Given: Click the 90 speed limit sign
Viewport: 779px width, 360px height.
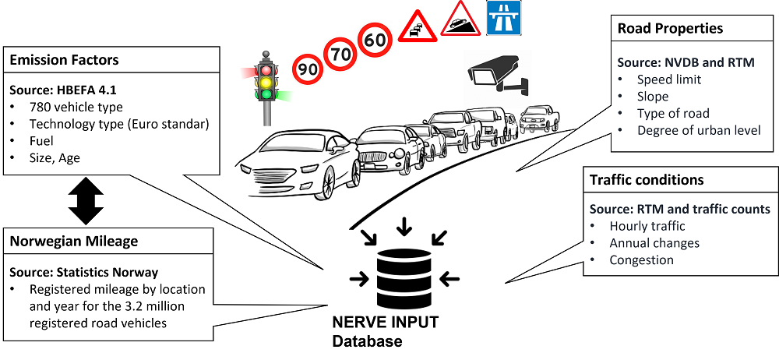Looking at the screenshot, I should coord(309,69).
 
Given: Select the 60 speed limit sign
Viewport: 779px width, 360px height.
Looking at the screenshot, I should coord(375,40).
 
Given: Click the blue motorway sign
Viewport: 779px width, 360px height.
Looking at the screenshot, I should coord(503,17).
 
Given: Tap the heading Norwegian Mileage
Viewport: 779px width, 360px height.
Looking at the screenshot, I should coord(73,242).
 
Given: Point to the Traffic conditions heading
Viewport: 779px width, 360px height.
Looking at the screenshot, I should coord(647,180).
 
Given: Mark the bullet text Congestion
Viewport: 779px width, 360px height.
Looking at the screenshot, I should coord(641,260).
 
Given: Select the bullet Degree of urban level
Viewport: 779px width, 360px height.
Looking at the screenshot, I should coord(698,130).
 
